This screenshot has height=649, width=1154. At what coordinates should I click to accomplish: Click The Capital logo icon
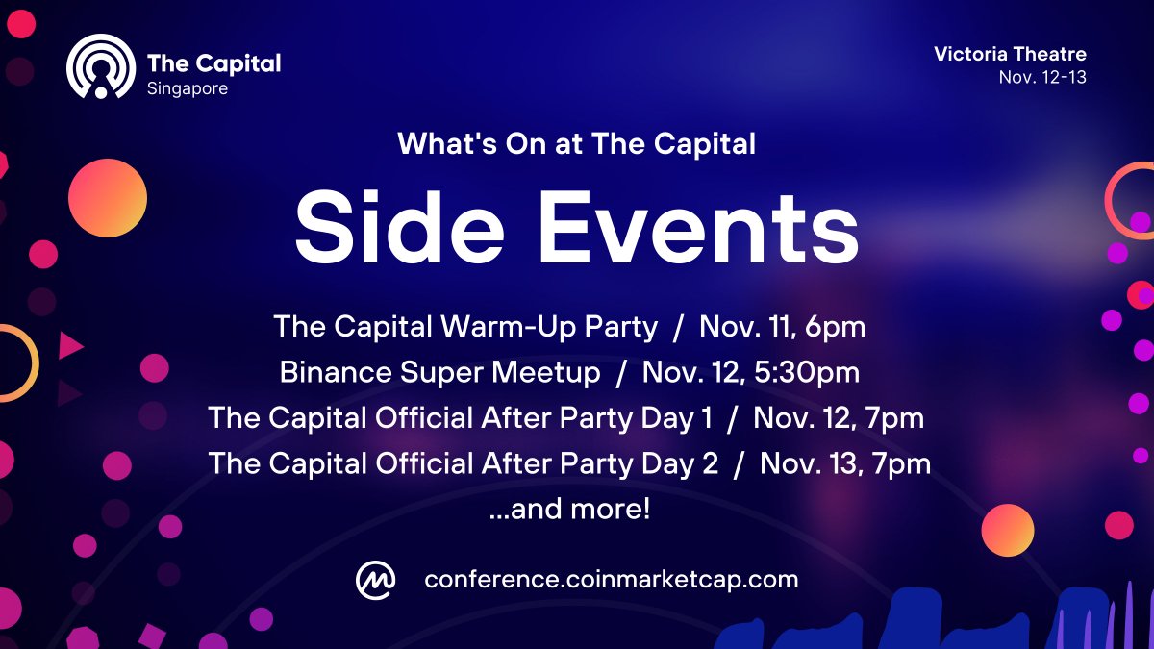pyautogui.click(x=99, y=67)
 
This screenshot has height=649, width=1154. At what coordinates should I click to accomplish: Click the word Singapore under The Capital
pyautogui.click(x=188, y=88)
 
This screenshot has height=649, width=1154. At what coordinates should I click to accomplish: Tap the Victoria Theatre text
pyautogui.click(x=1010, y=54)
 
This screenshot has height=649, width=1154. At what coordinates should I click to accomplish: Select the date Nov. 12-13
pyautogui.click(x=1042, y=77)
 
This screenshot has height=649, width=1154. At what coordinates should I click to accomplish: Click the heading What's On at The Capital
pyautogui.click(x=576, y=144)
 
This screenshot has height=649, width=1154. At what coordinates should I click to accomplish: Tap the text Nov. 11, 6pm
pyautogui.click(x=782, y=326)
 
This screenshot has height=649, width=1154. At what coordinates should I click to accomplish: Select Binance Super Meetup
pyautogui.click(x=439, y=372)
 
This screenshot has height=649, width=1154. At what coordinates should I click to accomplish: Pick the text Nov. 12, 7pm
pyautogui.click(x=839, y=418)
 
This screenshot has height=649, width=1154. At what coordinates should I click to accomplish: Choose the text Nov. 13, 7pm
pyautogui.click(x=844, y=464)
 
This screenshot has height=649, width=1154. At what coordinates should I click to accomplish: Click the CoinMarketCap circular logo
pyautogui.click(x=375, y=580)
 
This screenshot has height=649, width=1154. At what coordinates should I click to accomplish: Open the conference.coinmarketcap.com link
pyautogui.click(x=611, y=580)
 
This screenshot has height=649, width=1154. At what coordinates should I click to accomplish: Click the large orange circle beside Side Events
pyautogui.click(x=108, y=198)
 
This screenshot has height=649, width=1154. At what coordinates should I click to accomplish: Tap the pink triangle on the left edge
pyautogui.click(x=70, y=345)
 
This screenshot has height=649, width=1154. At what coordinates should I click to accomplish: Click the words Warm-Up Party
pyautogui.click(x=549, y=326)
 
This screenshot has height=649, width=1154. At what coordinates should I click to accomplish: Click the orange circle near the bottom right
pyautogui.click(x=1007, y=530)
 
